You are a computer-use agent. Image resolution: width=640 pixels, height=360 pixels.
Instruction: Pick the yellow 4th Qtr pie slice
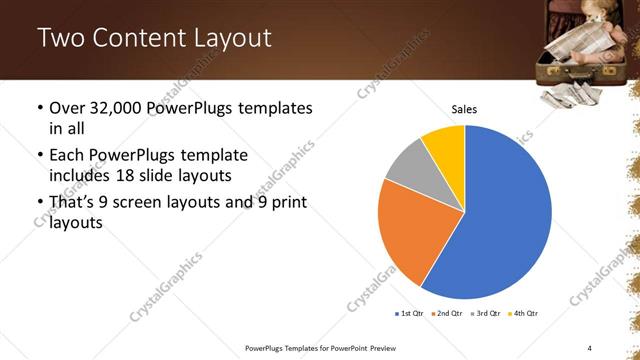(445, 145)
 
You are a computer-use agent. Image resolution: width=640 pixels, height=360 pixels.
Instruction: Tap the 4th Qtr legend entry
(523, 314)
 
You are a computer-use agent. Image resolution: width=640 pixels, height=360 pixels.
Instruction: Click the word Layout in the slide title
(233, 39)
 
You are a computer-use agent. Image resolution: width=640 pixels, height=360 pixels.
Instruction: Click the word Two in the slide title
(59, 39)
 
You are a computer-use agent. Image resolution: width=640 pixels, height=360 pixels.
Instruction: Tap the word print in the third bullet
(286, 202)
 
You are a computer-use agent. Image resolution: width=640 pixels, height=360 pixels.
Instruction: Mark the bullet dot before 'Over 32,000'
(39, 108)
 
